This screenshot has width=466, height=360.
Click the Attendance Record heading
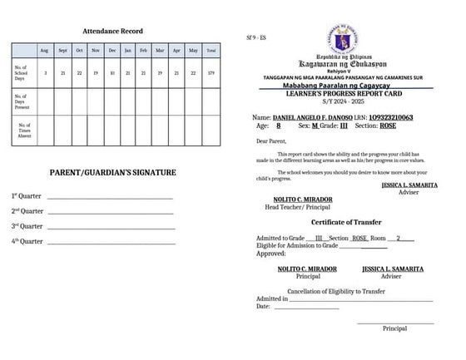[x=112, y=31]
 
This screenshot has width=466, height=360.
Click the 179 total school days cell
[x=211, y=73]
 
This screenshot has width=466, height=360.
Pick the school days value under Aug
[x=45, y=73]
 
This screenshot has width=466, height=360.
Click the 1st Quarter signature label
[x=27, y=196]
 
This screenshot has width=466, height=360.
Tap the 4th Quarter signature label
[x=27, y=241]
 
